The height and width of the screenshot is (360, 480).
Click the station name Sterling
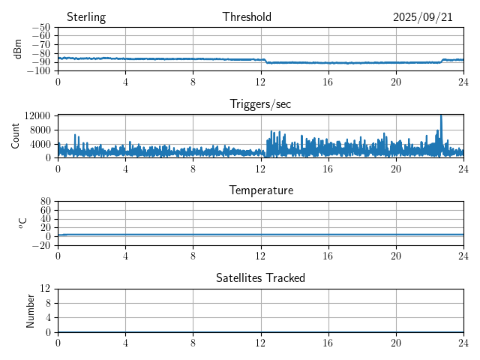point(86,17)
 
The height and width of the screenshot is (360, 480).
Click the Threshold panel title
point(247,17)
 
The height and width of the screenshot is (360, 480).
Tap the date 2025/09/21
point(422,17)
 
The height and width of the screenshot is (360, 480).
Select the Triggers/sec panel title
point(260,104)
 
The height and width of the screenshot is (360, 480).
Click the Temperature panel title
point(260,190)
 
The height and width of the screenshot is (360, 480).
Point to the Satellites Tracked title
point(260,277)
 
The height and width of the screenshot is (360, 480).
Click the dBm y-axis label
point(18,49)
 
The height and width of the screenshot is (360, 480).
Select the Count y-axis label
point(16,136)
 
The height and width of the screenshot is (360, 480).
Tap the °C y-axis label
point(23,223)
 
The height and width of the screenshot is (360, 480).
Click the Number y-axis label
point(31,310)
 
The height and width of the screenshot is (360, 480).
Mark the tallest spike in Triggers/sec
point(441,116)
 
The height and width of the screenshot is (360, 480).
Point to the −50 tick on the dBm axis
point(41,27)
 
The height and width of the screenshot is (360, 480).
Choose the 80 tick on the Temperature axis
point(45,202)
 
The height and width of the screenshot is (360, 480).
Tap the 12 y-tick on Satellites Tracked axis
point(45,289)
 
